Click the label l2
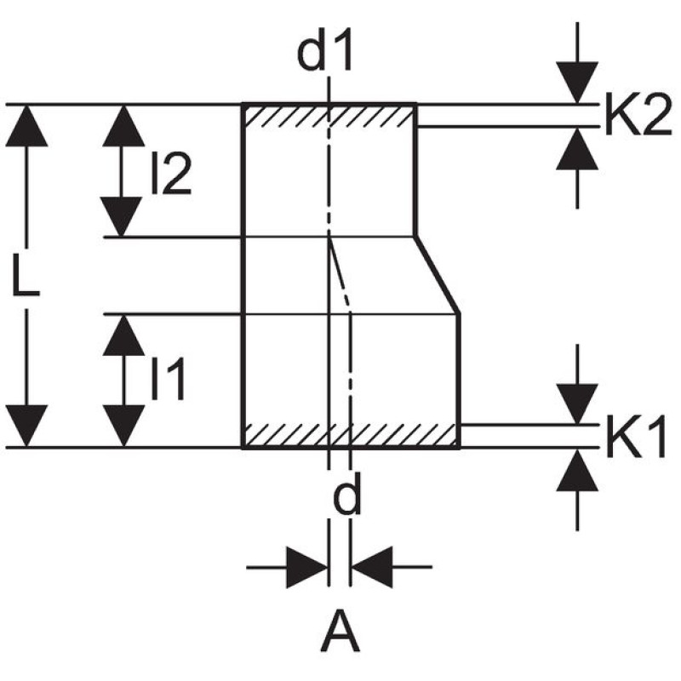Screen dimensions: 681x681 [169, 175]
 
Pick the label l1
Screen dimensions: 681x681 [168, 380]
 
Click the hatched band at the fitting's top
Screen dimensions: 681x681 [329, 116]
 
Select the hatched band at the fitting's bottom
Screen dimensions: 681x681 [352, 435]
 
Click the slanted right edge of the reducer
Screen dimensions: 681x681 [438, 276]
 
